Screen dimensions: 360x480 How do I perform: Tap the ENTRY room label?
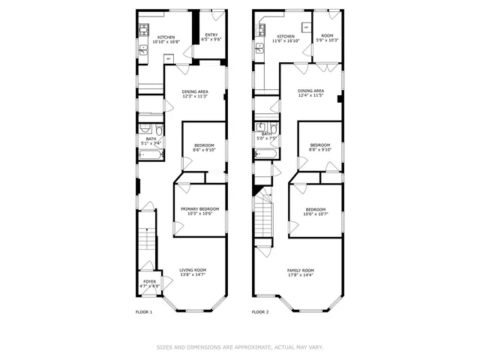point(211,34)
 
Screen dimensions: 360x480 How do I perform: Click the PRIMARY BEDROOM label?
point(199,209)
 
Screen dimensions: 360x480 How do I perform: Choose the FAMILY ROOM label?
point(301,270)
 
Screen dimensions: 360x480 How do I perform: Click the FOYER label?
point(150,282)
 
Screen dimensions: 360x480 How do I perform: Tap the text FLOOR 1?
point(143,311)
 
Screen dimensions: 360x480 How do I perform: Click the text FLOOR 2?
point(259,311)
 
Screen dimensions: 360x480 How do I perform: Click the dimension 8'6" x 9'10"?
point(204,150)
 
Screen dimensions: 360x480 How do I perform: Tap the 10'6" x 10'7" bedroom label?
point(315,214)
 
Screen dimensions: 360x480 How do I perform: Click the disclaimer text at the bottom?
point(240,346)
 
